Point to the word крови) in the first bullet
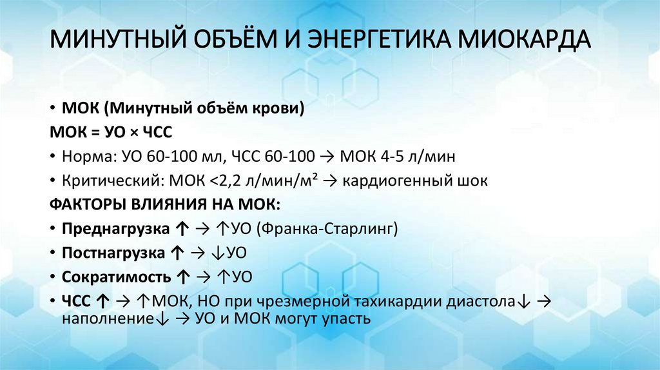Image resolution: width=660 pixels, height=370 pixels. pos(278,108)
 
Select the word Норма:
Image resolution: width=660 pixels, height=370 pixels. pos(86,157)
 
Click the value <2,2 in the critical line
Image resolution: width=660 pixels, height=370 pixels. pos(222,181)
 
